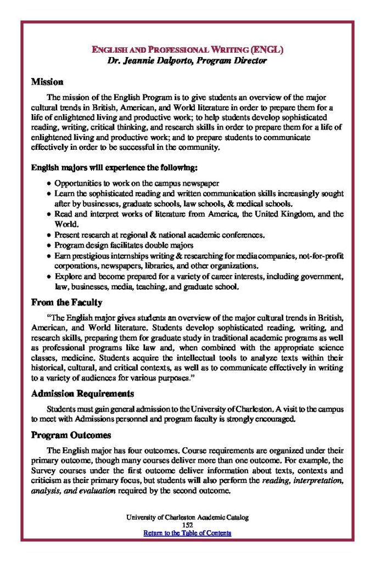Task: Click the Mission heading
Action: tap(47, 82)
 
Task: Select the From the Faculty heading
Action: tap(66, 302)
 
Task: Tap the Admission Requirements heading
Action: tap(82, 394)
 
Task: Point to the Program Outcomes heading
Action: tap(71, 435)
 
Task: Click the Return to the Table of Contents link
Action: tap(187, 533)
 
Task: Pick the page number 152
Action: tap(187, 525)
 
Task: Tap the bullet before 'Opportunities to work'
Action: tap(49, 183)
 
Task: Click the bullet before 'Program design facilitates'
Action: tap(49, 245)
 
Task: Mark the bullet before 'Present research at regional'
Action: tap(49, 235)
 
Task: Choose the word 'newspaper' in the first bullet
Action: tap(201, 183)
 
